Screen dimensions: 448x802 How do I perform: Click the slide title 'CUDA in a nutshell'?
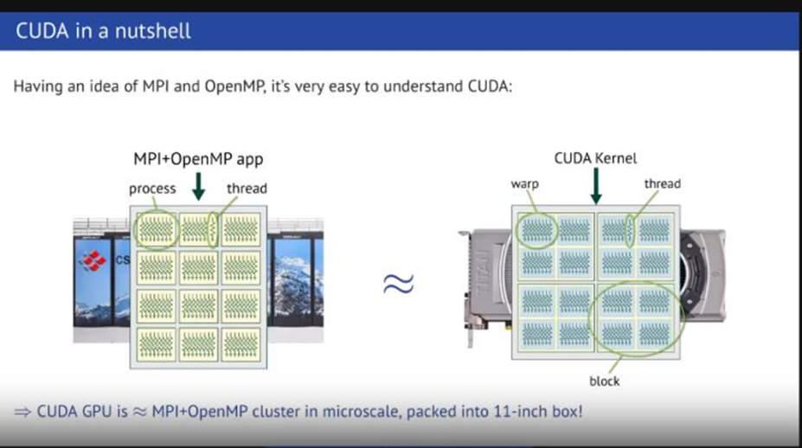pyautogui.click(x=103, y=33)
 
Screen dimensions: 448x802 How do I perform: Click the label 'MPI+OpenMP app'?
pyautogui.click(x=197, y=160)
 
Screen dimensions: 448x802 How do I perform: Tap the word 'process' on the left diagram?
pyautogui.click(x=152, y=189)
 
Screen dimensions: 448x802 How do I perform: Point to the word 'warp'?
pyautogui.click(x=526, y=184)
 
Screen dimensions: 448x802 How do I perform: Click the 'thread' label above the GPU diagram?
pyautogui.click(x=662, y=183)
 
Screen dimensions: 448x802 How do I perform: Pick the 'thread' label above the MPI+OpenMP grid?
pyautogui.click(x=247, y=189)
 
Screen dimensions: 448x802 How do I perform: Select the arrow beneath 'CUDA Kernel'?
pyautogui.click(x=595, y=185)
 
